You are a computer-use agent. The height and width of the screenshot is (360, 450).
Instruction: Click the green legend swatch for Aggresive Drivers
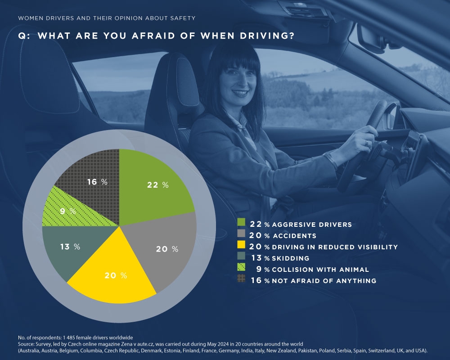click(241, 223)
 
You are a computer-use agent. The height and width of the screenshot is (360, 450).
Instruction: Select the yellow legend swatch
click(241, 247)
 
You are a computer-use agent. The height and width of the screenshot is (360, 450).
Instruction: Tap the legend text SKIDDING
click(290, 258)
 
